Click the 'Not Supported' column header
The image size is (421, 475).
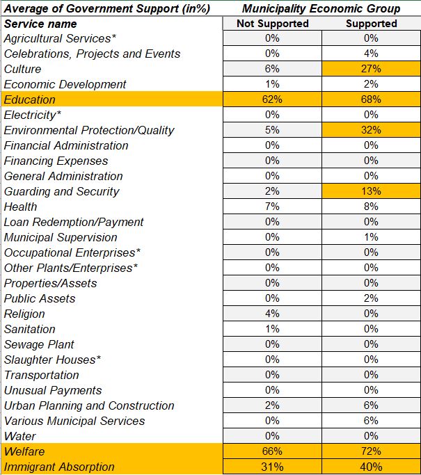click(x=273, y=24)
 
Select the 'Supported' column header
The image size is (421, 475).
click(x=371, y=24)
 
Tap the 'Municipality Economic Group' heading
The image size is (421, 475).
click(x=321, y=8)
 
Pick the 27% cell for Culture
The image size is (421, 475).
click(x=371, y=69)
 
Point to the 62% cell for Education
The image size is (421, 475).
click(x=273, y=99)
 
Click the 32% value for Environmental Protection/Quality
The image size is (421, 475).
click(x=371, y=130)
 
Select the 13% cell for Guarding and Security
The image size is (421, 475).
click(x=371, y=191)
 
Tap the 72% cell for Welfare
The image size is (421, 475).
click(x=371, y=451)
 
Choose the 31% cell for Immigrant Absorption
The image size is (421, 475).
click(x=273, y=467)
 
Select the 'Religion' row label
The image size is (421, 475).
click(x=24, y=314)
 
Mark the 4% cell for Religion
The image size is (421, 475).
click(x=273, y=314)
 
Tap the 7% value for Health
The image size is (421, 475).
click(x=273, y=207)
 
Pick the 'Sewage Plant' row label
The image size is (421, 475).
click(x=39, y=344)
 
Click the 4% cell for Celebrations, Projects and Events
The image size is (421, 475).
click(x=371, y=54)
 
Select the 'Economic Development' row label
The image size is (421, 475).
click(x=65, y=84)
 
